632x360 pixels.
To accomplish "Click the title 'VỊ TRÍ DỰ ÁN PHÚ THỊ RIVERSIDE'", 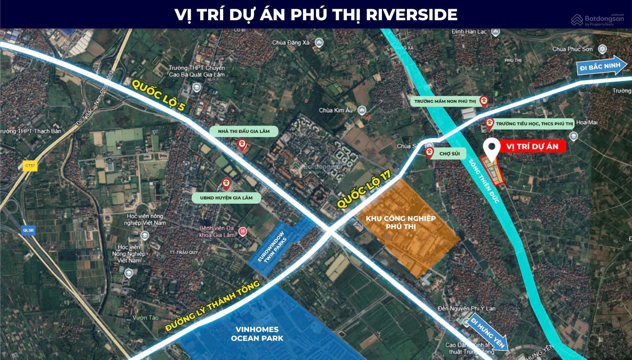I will [x=316, y=14].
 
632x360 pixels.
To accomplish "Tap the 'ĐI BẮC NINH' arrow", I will [x=600, y=66].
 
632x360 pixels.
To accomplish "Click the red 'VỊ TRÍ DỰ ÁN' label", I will [x=532, y=146].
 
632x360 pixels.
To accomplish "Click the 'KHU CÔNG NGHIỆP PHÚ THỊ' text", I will [x=401, y=223].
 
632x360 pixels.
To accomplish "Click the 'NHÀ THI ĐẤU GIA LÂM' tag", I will [x=244, y=131].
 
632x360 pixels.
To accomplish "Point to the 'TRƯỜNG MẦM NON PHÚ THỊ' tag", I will [x=445, y=101].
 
